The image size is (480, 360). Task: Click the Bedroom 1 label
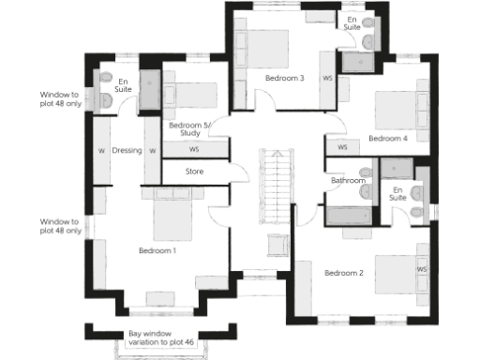pos(157,250)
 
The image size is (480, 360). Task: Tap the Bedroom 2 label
pos(343,273)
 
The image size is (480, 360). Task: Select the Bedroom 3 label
pos(284,78)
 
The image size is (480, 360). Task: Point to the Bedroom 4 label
pos(387,138)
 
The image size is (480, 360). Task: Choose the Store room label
pos(194,172)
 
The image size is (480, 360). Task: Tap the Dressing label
pos(126,150)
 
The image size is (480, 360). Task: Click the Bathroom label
pos(348,181)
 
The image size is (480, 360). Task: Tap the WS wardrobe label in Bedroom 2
pos(421,269)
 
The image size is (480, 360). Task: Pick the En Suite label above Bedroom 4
pos(352,23)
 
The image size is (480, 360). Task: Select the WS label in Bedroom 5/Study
pos(194,149)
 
